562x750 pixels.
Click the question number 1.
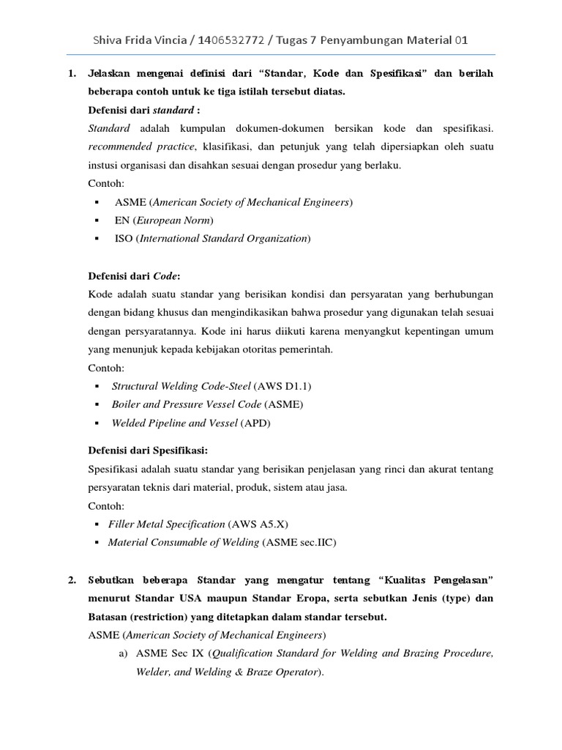pos(72,75)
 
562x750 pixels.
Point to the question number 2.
pos(72,581)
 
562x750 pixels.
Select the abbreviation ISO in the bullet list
pos(124,238)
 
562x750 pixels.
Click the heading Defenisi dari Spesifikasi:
pos(153,450)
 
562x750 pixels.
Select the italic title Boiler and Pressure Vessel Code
pos(187,404)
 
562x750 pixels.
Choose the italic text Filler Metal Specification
pos(166,524)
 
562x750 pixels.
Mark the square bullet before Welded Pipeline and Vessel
pos(97,423)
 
